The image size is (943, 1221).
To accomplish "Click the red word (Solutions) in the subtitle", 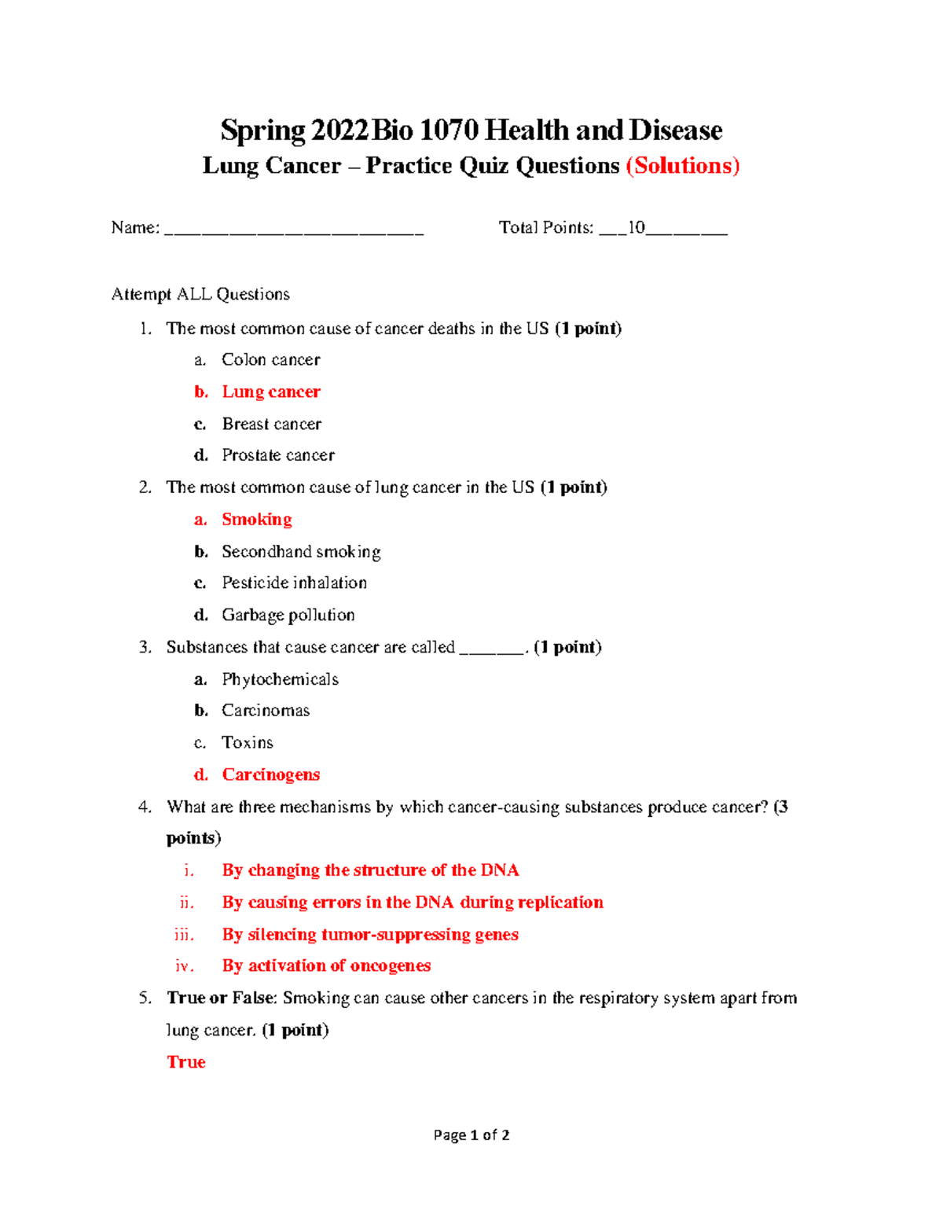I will [682, 166].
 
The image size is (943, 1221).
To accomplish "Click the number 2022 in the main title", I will [339, 130].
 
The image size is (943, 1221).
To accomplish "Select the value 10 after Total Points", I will [636, 228].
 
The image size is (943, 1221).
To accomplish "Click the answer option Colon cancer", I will [270, 360].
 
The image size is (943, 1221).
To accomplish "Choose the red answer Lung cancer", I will [270, 392].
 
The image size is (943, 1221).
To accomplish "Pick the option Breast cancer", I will [271, 424].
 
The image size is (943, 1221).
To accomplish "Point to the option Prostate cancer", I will [277, 455].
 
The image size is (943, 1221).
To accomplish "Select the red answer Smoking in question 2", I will [256, 520].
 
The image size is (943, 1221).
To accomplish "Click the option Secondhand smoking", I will [301, 552].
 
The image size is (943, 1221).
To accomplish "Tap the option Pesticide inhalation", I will [294, 583].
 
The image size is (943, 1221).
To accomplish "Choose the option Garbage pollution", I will [288, 615].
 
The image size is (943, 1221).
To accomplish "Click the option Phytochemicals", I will [280, 679].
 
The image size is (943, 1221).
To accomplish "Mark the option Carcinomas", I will [266, 711].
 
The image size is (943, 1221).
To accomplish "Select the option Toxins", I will [247, 743].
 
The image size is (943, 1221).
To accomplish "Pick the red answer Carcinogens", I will [270, 775].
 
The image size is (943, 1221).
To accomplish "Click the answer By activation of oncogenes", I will [326, 965].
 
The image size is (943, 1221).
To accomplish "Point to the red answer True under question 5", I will [186, 1062].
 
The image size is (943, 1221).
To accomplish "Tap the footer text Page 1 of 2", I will [472, 1135].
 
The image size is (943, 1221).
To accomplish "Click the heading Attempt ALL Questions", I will [200, 294].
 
